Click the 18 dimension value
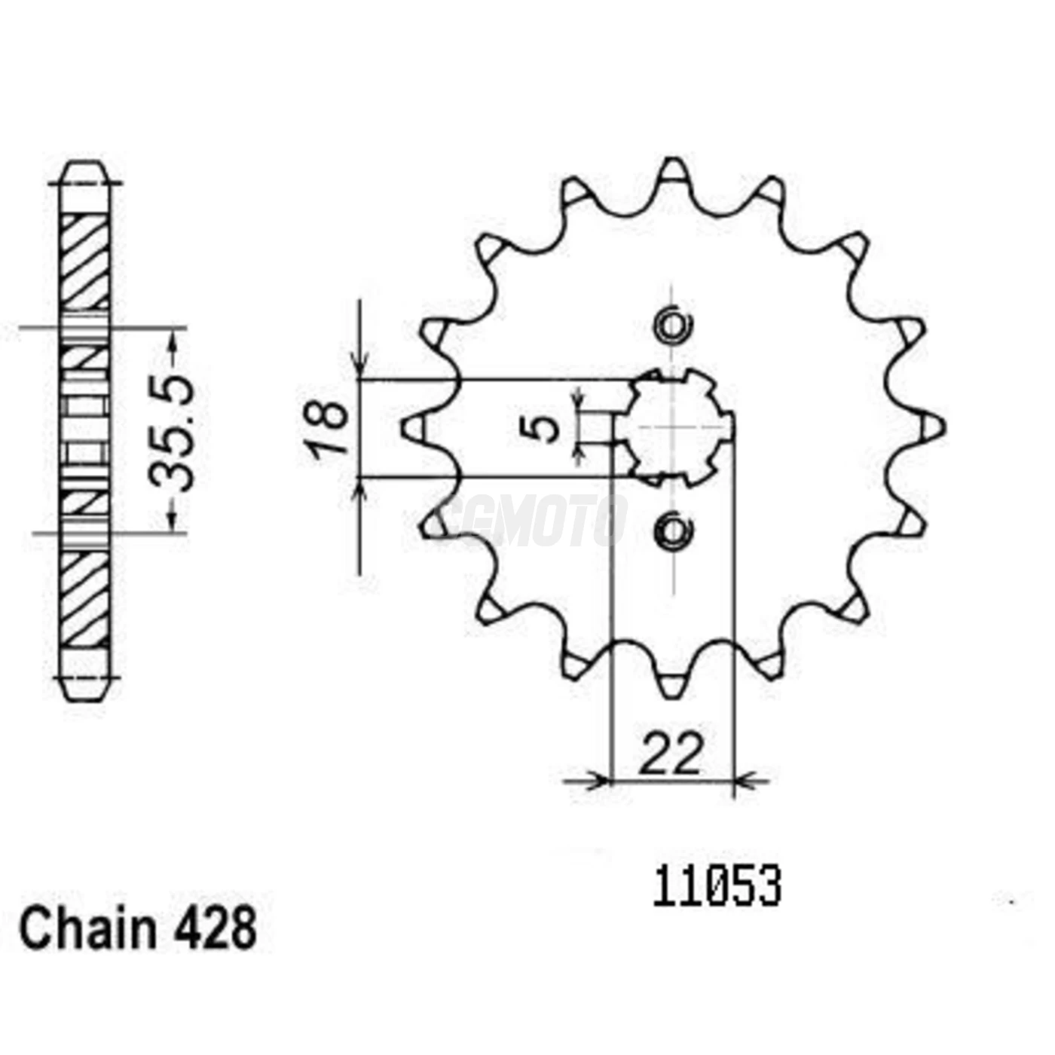(326, 428)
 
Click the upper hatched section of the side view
(84, 260)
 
